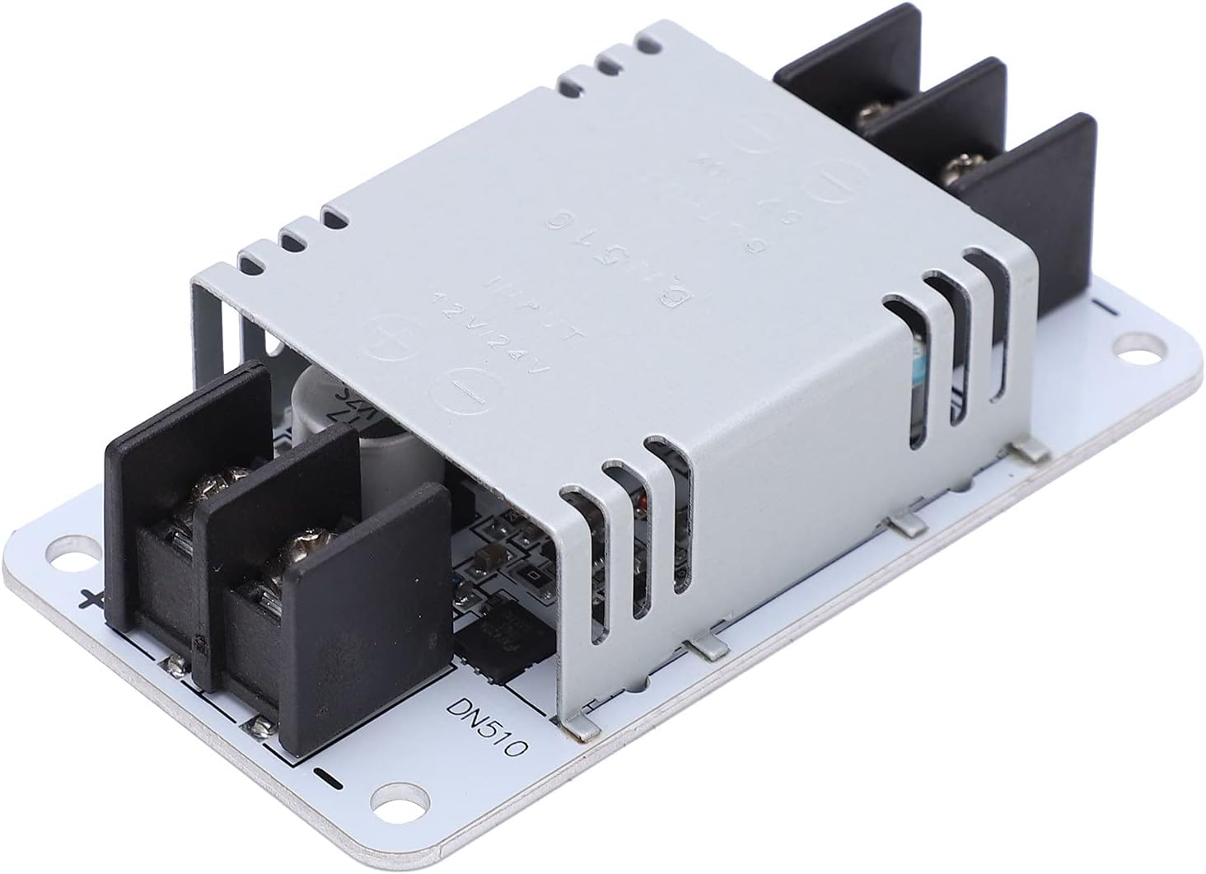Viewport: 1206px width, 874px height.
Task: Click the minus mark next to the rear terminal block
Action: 1105,307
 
